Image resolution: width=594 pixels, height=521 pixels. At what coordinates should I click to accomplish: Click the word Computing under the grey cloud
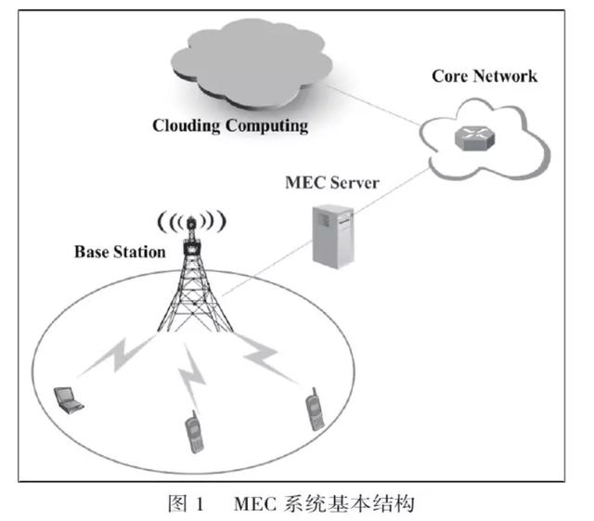tap(265, 125)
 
